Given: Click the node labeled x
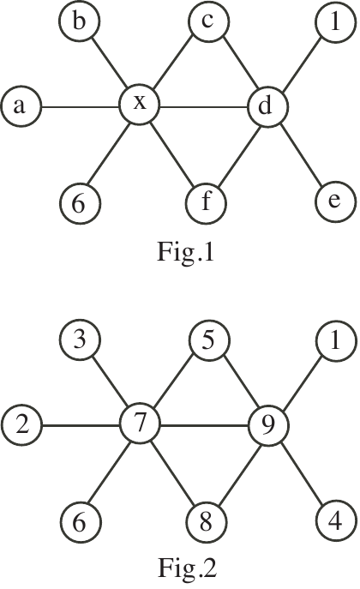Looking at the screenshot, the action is click(139, 105).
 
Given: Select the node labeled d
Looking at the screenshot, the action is click(268, 107).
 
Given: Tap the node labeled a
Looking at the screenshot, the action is click(21, 106).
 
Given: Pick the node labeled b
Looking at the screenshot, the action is click(79, 21).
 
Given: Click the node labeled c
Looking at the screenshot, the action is click(208, 21).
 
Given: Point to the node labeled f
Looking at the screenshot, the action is click(206, 203).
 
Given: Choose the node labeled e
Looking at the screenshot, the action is click(335, 201).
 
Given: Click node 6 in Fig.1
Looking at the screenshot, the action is click(80, 203).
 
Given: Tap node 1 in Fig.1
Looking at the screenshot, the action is click(335, 21).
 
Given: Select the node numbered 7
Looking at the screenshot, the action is click(140, 424).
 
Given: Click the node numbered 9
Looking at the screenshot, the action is click(268, 426).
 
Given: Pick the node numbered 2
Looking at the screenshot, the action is click(21, 425).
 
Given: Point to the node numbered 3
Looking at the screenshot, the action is click(80, 340).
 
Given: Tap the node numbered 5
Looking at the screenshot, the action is click(209, 340).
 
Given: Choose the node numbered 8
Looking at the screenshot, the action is click(207, 522).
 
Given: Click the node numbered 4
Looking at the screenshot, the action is click(336, 520).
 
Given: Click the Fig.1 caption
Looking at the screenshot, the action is click(185, 252).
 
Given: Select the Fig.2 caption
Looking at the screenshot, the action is click(187, 568).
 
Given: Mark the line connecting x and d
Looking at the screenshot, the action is click(204, 108).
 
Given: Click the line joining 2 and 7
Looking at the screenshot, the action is click(81, 426).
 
